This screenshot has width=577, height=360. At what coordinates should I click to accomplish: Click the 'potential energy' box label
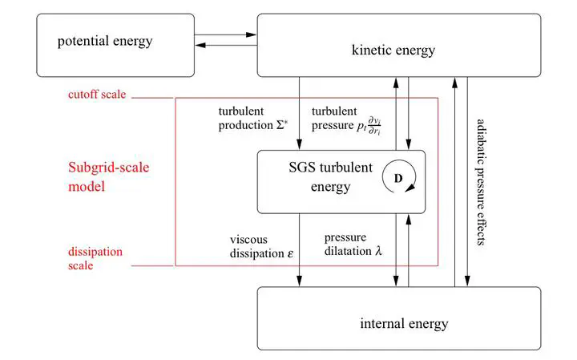click(x=105, y=41)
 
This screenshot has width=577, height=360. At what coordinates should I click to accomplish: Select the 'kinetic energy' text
click(x=393, y=50)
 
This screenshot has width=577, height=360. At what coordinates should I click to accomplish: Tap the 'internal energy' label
click(x=404, y=324)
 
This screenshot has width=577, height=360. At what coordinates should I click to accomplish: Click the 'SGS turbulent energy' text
click(x=330, y=177)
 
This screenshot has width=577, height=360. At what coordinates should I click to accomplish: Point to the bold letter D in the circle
click(x=398, y=179)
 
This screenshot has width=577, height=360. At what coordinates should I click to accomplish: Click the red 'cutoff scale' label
click(x=97, y=95)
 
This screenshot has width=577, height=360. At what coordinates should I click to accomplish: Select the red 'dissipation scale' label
click(x=95, y=259)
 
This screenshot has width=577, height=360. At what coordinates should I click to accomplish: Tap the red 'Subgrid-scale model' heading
click(x=108, y=177)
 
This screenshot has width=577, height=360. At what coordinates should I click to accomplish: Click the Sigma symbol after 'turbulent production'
click(x=282, y=125)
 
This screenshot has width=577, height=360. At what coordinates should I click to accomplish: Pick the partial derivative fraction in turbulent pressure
click(x=374, y=126)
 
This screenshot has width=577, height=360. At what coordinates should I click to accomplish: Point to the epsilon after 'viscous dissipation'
click(x=290, y=254)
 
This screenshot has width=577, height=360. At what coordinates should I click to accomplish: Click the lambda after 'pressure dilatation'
click(x=378, y=251)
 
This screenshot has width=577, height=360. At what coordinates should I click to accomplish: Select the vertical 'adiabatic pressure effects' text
click(x=481, y=182)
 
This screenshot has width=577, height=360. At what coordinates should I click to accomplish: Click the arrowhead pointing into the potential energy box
click(x=200, y=45)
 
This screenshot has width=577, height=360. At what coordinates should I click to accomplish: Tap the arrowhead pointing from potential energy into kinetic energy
click(x=252, y=35)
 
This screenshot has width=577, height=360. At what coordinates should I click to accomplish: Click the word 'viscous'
click(x=248, y=240)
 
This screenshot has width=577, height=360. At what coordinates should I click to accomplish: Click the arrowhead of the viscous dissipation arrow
click(x=300, y=281)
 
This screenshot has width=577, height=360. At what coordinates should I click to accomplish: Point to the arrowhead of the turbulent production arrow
click(x=300, y=144)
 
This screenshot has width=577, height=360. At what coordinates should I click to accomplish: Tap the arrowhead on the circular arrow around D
click(x=410, y=188)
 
